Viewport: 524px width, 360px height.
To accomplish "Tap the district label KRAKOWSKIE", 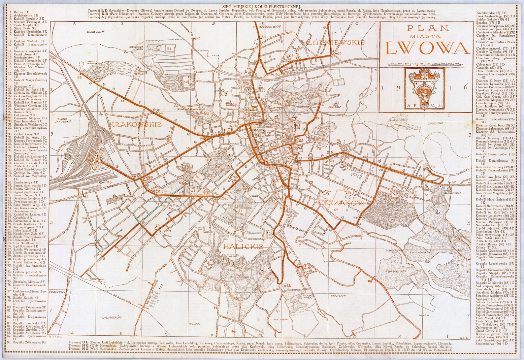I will pyautogui.click(x=135, y=124).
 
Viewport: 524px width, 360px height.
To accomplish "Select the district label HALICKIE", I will pyautogui.click(x=243, y=246).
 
